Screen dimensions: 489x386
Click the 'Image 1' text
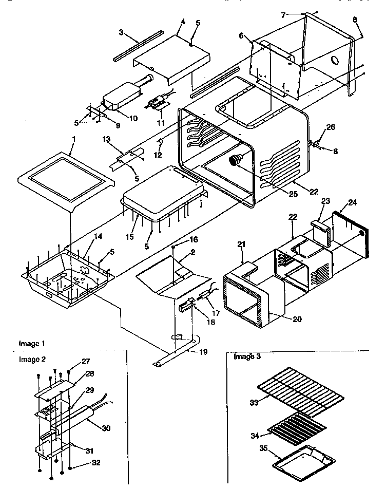32,343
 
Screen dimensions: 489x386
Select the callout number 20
298,319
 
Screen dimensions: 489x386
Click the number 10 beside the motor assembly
133,118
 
